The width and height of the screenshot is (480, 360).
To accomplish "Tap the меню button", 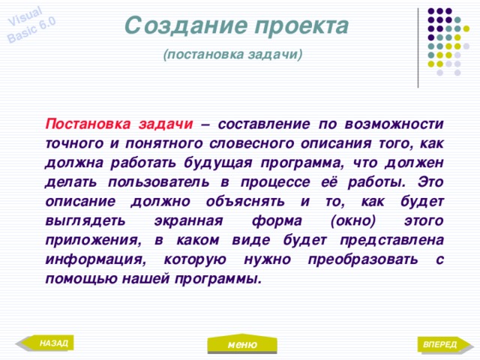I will tap(241, 344).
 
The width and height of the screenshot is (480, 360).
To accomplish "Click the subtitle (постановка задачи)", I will tap(232, 55).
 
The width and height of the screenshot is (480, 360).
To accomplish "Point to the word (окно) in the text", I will tap(352, 221).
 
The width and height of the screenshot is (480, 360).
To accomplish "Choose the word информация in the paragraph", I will tap(94, 260).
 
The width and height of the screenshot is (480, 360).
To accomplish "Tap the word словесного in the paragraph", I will tap(277, 143).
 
